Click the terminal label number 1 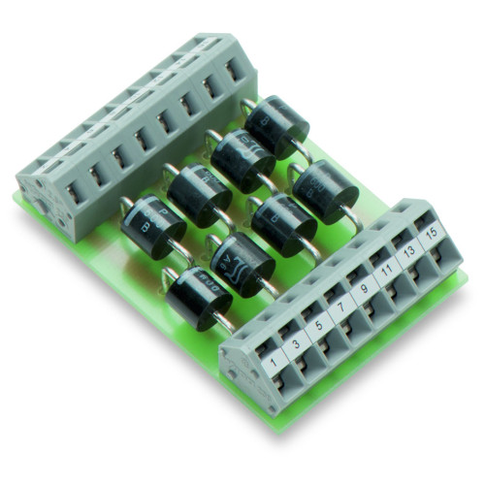point(274,363)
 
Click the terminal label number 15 point(433,233)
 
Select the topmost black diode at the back point(276,127)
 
